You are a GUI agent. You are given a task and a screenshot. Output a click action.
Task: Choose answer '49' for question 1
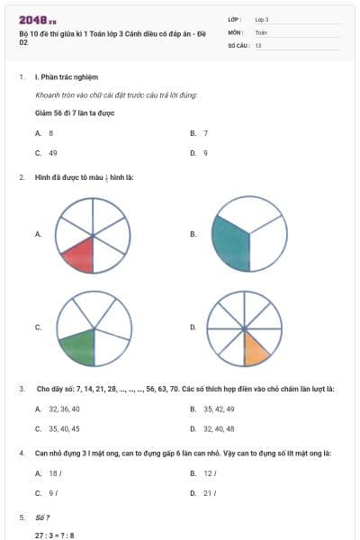[53, 153]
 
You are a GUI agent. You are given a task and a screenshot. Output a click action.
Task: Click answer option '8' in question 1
[51, 133]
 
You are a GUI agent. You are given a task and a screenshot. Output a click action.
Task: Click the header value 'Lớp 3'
[262, 19]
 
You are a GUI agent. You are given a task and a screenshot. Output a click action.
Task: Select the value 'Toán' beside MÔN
[261, 31]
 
